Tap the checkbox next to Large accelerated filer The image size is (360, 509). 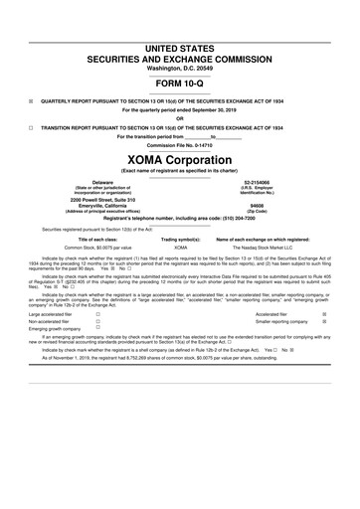pyautogui.click(x=97, y=313)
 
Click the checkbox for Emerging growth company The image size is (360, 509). pyautogui.click(x=97, y=331)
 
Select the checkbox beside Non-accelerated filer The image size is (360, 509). pyautogui.click(x=97, y=322)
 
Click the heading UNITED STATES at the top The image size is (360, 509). pyautogui.click(x=180, y=47)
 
